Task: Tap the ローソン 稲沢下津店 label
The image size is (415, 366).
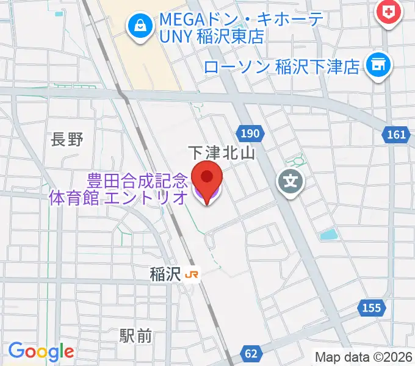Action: point(282,66)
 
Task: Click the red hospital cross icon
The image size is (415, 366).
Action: point(389,10)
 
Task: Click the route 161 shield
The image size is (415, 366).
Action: point(396,134)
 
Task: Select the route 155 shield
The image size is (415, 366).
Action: point(372,308)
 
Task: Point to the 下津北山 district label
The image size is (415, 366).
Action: point(221,152)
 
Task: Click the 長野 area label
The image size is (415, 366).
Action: point(67,140)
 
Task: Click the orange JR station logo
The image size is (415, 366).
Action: point(192,276)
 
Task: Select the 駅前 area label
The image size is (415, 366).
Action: point(135,335)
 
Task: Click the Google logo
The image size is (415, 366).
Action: point(41,351)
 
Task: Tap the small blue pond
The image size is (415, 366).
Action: point(328,235)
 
